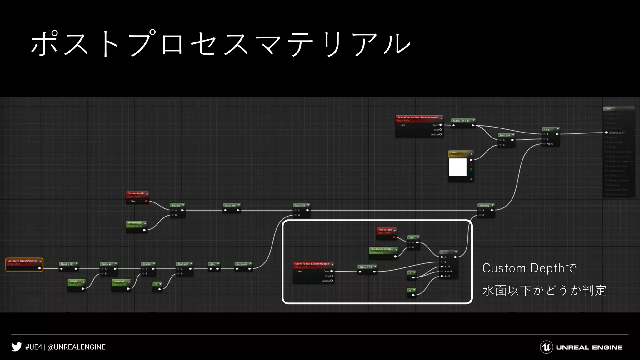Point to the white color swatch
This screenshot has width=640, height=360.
[457, 167]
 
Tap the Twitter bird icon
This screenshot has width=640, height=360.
[17, 347]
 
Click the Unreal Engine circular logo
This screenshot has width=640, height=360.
[546, 347]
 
